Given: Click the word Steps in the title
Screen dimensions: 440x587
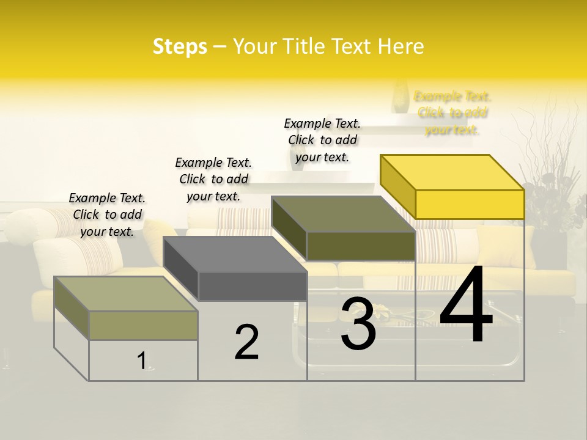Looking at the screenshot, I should point(179,46).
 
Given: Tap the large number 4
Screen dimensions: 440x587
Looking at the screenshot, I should point(466,306).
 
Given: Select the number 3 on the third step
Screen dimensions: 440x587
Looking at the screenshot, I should point(358,324).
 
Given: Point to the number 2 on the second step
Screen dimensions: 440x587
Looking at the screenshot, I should point(246,342).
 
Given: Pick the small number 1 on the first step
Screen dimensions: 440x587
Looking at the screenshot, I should point(142,361).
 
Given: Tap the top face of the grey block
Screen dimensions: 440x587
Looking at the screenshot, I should point(235,254).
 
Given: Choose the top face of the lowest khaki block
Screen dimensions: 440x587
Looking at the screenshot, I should point(126,293).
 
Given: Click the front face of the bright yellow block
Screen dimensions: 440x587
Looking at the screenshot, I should point(470,204).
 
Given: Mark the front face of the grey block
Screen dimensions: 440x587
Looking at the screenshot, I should point(253,286).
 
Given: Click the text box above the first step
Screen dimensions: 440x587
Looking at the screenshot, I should point(107,215).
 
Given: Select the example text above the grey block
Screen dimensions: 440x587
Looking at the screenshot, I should point(213,179).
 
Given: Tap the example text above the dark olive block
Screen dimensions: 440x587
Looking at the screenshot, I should point(322,140).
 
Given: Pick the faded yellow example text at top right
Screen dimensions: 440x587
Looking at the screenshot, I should point(452,112).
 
